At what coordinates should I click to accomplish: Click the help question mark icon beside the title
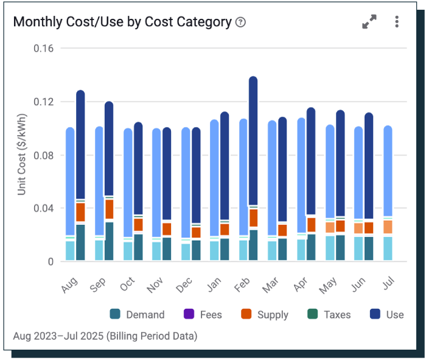(240, 22)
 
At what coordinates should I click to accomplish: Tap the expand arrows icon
(369, 22)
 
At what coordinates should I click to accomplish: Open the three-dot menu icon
(397, 22)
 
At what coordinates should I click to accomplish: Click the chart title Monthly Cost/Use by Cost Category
(122, 22)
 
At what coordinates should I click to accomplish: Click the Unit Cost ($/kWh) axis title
(22, 154)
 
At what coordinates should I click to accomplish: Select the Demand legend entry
(138, 314)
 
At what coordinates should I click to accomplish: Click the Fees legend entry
(203, 314)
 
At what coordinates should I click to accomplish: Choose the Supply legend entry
(264, 314)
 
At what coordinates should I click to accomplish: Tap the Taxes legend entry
(329, 314)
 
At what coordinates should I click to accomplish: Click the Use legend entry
(387, 314)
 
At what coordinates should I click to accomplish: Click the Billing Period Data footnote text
(105, 336)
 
